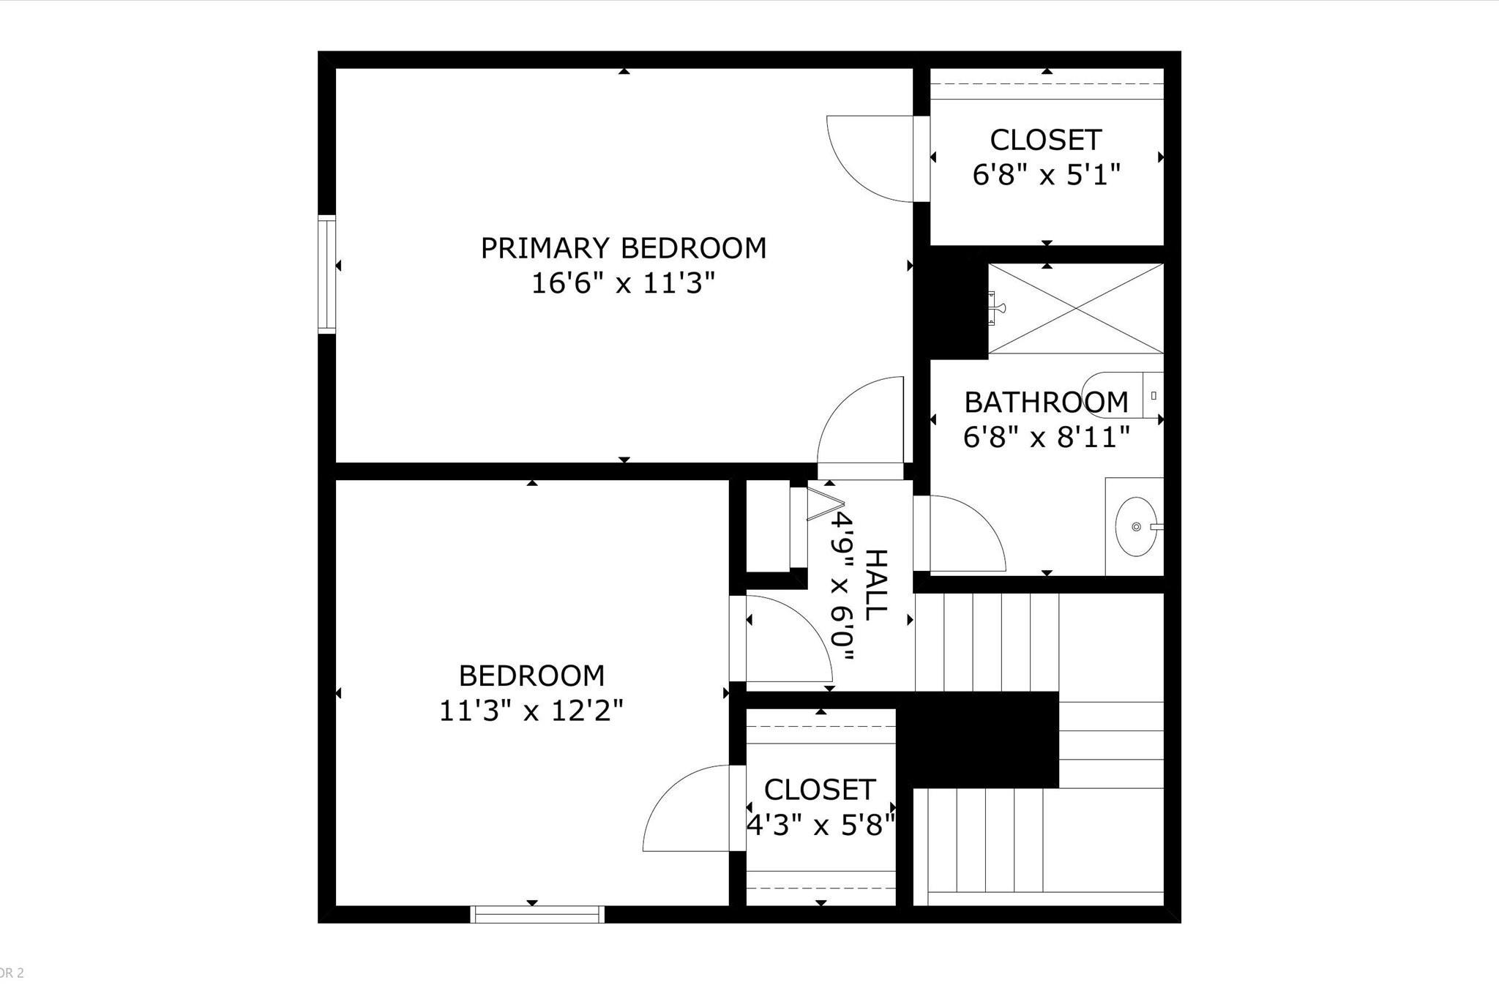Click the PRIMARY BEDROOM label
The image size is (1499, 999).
tap(623, 248)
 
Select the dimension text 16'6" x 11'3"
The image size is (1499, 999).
tap(623, 283)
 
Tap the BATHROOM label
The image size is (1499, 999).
tap(1046, 403)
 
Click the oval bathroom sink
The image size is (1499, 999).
tap(1136, 526)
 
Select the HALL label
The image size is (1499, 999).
tap(876, 585)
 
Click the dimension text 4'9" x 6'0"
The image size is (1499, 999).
tap(842, 586)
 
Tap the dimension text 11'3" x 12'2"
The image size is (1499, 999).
tap(531, 711)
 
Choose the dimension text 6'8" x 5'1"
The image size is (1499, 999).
tap(1047, 175)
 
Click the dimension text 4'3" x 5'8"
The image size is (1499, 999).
tap(820, 826)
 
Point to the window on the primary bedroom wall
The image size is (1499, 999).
tap(326, 274)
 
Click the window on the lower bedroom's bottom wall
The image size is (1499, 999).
tap(537, 914)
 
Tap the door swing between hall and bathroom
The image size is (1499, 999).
tap(959, 534)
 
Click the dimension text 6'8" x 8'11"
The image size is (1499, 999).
tap(1047, 438)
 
